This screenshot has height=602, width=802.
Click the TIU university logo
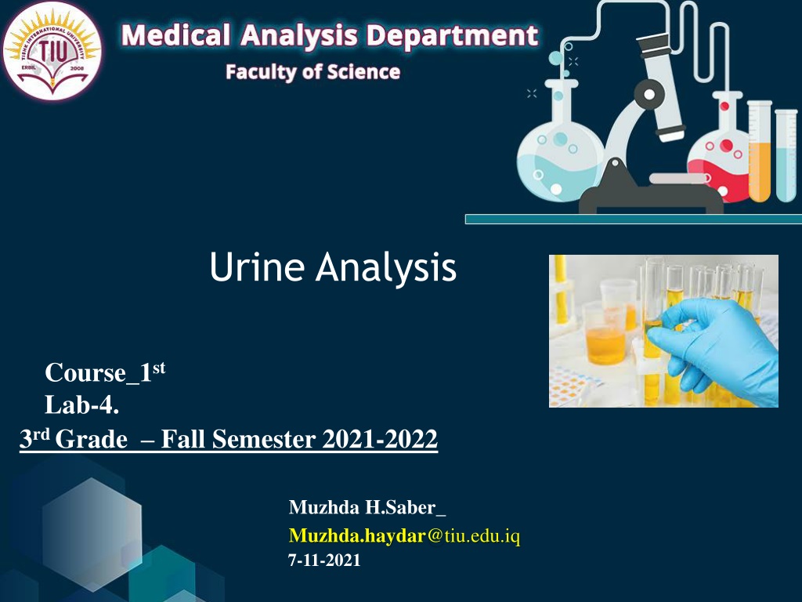pyautogui.click(x=52, y=50)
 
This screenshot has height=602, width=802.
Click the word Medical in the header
pyautogui.click(x=175, y=36)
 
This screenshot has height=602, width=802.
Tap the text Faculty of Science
pyautogui.click(x=312, y=72)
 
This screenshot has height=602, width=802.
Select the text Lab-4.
pyautogui.click(x=81, y=405)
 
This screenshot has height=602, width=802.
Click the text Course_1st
pyautogui.click(x=105, y=372)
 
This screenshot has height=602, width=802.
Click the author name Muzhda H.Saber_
pyautogui.click(x=367, y=507)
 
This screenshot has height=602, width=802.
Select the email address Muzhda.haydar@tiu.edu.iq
pyautogui.click(x=404, y=535)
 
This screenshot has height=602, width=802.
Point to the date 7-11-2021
pyautogui.click(x=324, y=560)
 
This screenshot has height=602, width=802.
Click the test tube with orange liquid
pyautogui.click(x=760, y=151)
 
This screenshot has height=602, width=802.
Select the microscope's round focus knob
pyautogui.click(x=649, y=94)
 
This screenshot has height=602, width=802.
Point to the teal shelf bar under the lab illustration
pyautogui.click(x=633, y=219)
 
